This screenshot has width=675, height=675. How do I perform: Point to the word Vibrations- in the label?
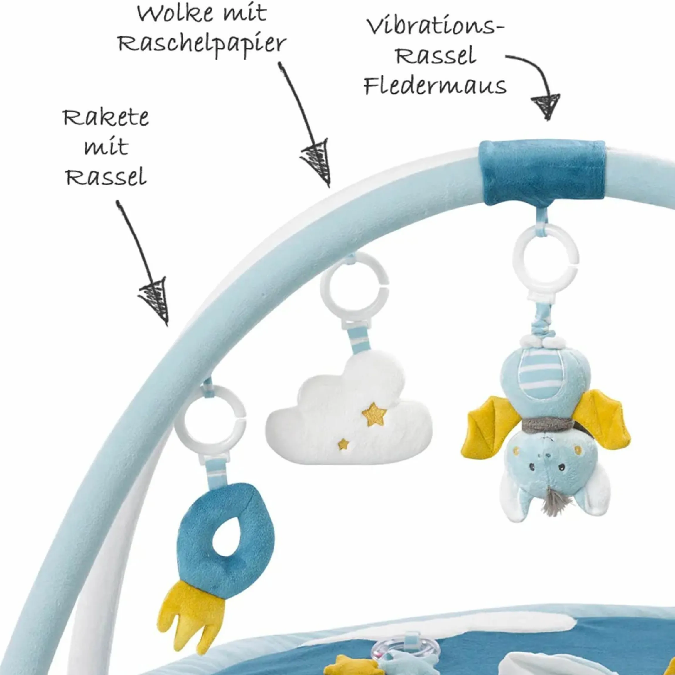click(x=435, y=26)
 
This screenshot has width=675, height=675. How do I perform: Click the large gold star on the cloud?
click(x=374, y=414)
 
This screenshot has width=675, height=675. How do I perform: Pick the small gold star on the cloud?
click(x=343, y=444)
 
